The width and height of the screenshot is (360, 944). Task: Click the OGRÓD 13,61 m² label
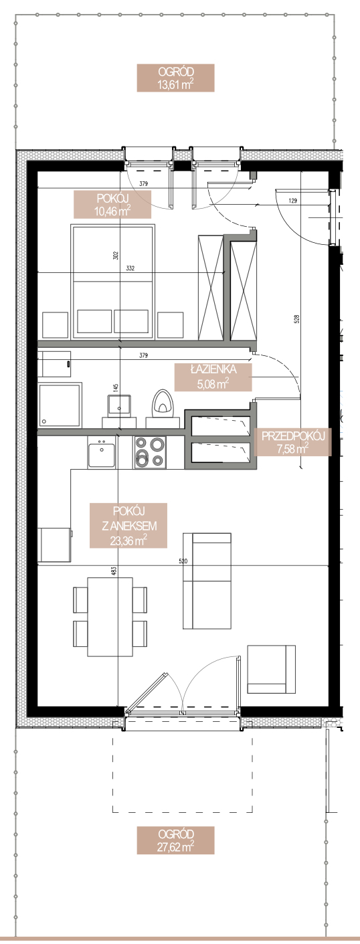click(x=175, y=78)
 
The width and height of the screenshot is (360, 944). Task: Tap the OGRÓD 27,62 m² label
click(x=175, y=840)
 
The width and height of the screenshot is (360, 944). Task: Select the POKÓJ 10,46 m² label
click(x=112, y=205)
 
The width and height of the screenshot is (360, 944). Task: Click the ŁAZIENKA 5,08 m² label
click(x=213, y=377)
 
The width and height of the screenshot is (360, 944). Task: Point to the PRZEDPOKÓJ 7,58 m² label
click(x=293, y=442)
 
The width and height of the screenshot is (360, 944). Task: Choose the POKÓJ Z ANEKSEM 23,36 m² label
click(x=128, y=525)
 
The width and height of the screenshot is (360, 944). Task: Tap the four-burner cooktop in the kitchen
click(x=150, y=452)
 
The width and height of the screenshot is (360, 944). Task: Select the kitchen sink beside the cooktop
click(x=101, y=452)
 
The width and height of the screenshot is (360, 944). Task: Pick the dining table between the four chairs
click(x=110, y=617)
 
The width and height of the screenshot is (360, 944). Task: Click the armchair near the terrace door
click(x=271, y=669)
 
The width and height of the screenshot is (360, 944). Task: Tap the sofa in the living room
click(x=207, y=581)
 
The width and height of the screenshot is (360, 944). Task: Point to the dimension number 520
click(x=183, y=561)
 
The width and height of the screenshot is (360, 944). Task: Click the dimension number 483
click(x=114, y=571)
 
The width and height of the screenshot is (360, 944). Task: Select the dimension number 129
click(x=293, y=201)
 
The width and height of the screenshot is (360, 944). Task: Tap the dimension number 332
click(x=130, y=268)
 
